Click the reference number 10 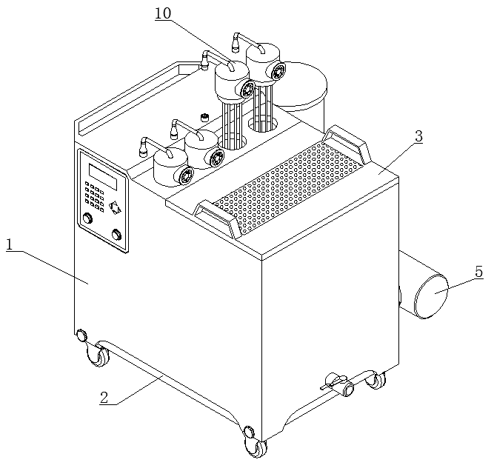tap(163, 13)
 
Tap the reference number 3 tap(418, 136)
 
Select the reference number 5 tap(479, 272)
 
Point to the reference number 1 tap(10, 244)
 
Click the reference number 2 tap(104, 398)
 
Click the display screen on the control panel tap(103, 177)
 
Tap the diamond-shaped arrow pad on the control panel tap(115, 208)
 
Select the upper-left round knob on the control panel tap(87, 218)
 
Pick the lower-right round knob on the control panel tap(117, 235)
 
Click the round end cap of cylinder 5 tap(432, 296)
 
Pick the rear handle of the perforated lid tap(347, 138)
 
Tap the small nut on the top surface tap(205, 117)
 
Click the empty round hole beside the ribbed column tap(263, 124)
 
